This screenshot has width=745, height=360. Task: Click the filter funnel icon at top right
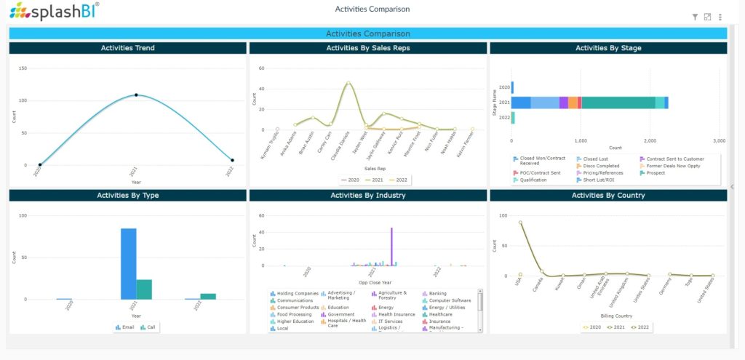point(695,17)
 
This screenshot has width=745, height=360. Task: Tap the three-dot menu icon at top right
point(720,17)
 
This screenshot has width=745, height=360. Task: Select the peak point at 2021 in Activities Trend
point(136,95)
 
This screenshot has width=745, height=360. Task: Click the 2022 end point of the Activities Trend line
point(232,160)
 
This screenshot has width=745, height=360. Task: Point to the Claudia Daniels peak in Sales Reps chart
point(348,83)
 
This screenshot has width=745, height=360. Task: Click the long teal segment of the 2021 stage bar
point(618,103)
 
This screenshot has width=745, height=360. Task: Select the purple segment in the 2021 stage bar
point(564,103)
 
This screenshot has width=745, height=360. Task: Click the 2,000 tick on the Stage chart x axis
point(650,140)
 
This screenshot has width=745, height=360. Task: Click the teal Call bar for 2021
point(144,289)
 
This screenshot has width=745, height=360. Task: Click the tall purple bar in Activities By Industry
point(391,247)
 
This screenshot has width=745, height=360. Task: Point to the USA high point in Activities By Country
point(520,223)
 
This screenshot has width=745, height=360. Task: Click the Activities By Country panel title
point(607,195)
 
